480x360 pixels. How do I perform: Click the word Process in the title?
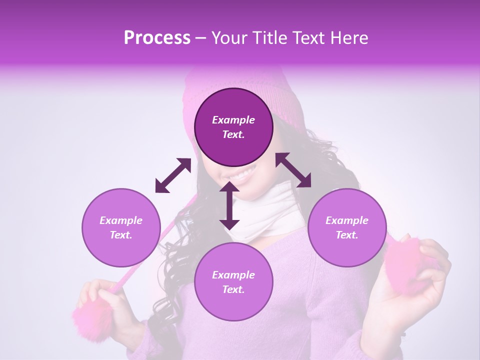tap(157, 38)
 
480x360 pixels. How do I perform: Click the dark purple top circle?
tap(233, 127)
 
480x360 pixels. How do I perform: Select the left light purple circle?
tap(121, 227)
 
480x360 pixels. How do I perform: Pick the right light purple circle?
tap(347, 227)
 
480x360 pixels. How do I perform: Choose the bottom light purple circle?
tap(233, 282)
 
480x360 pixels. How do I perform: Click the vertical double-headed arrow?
tap(229, 205)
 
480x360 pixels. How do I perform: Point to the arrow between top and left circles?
tap(173, 175)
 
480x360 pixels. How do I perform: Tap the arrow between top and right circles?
tap(293, 170)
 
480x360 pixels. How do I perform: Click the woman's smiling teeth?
tap(243, 175)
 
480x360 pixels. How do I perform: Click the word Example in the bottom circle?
tap(233, 275)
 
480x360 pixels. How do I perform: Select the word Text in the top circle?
tap(233, 134)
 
